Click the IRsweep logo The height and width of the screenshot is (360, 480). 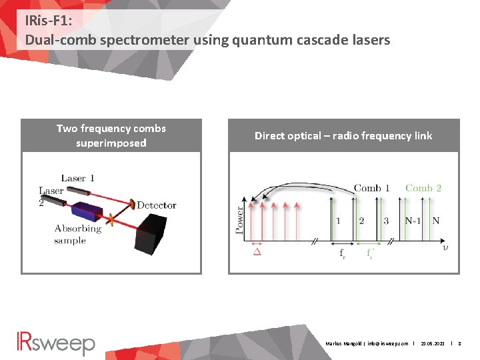pos(56,343)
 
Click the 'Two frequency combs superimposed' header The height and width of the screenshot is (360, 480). pos(111,135)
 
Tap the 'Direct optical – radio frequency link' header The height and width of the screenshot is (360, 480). pos(343,135)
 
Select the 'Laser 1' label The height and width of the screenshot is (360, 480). pos(77,178)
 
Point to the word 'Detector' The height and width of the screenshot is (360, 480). pos(157,205)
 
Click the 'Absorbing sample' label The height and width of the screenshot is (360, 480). pos(77,234)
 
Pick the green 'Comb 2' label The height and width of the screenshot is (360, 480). pos(423,188)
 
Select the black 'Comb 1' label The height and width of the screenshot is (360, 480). pos(371,188)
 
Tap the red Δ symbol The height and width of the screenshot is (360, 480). pos(257,252)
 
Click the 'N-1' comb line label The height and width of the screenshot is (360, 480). pos(413,221)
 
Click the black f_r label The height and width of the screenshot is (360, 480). pos(342,253)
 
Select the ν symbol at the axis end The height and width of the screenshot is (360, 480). pos(445,248)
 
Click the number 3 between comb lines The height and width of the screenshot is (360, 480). pos(386,221)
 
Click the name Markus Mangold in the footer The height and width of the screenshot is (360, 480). pos(343,343)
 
